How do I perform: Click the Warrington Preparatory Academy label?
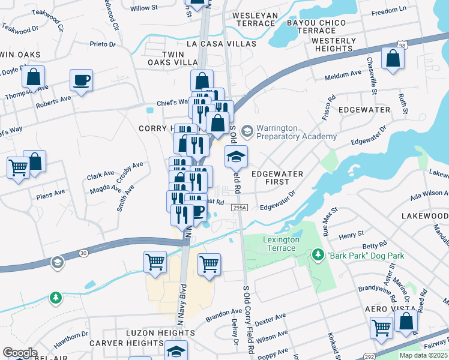coord(296,132)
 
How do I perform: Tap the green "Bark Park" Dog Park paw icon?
coord(318,256)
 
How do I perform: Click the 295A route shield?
coord(239,207)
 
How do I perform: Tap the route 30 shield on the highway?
coord(82,254)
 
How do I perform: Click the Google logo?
coord(20,353)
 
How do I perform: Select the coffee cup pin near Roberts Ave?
coord(81,79)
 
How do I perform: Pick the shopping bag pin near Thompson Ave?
coord(33,76)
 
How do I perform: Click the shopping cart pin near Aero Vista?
coord(381,328)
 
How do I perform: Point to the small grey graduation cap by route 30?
coord(57,262)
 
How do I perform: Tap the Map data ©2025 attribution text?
coord(423,355)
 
